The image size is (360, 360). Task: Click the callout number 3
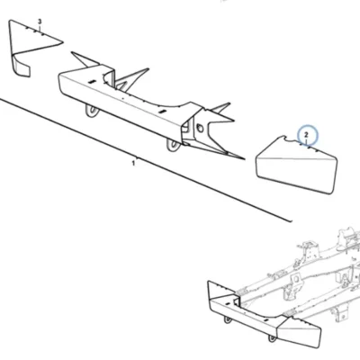coord(40,22)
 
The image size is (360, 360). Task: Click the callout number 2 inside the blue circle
coord(306,135)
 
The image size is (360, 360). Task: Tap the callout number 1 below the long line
coord(133,164)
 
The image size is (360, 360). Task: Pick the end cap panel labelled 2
coord(296,165)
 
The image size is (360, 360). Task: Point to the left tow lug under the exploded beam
coord(92,111)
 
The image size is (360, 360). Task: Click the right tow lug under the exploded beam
coord(174,145)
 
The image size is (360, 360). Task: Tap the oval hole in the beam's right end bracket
coord(200,129)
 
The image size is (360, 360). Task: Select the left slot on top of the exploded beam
coord(92,82)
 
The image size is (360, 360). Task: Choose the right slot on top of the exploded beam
coord(162,112)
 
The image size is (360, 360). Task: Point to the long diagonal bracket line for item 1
coord(146,160)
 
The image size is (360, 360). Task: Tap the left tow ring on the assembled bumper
coord(228,319)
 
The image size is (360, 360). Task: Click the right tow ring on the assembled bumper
coord(272,338)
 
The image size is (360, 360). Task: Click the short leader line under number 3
coord(40,28)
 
